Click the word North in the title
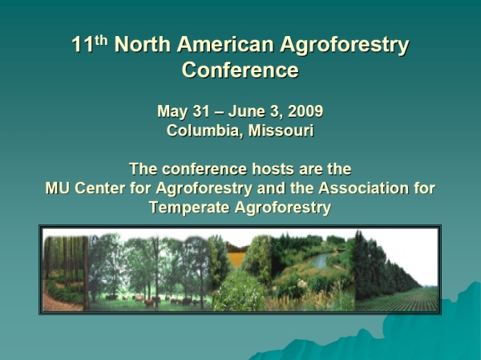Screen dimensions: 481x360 [x=143, y=44]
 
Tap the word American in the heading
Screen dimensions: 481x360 [x=225, y=44]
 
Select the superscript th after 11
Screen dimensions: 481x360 [x=101, y=40]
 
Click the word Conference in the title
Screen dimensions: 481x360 [x=240, y=70]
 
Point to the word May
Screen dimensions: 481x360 [x=172, y=111]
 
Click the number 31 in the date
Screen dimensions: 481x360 [x=201, y=111]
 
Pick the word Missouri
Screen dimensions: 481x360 [x=281, y=131]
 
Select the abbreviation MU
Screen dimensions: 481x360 [x=58, y=188]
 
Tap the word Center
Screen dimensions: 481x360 [x=99, y=188]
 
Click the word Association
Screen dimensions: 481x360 [x=364, y=188]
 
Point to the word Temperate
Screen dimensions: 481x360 [x=189, y=207]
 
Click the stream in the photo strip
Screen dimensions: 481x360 [x=321, y=261]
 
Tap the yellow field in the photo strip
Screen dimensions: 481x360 [x=236, y=259]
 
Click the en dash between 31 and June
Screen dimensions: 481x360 [x=219, y=112]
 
